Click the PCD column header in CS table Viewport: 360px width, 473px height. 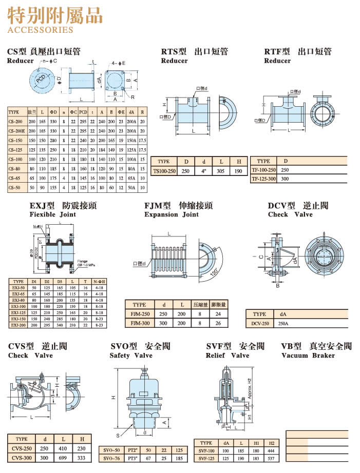click(83, 112)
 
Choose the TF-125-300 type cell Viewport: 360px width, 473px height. click(263, 179)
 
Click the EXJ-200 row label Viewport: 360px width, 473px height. click(18, 325)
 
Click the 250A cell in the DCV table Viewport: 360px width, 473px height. click(283, 324)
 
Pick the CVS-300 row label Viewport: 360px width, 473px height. click(21, 458)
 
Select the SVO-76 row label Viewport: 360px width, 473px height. click(111, 458)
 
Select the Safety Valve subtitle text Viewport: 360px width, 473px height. click(130, 356)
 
